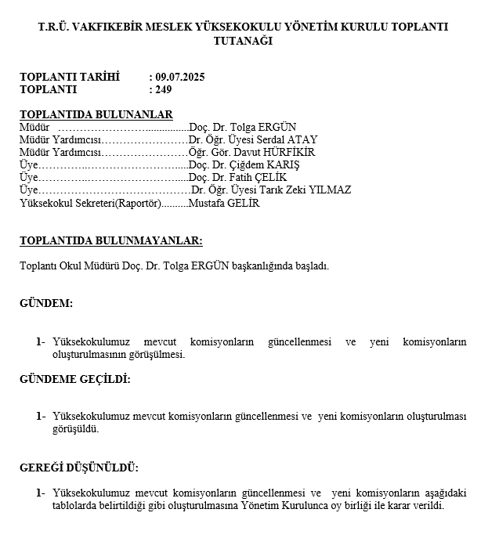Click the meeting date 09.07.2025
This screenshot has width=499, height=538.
click(x=180, y=77)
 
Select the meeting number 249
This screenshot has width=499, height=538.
click(x=164, y=89)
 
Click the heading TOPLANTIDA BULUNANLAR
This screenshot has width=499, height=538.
click(x=96, y=114)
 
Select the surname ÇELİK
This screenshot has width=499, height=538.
click(x=270, y=177)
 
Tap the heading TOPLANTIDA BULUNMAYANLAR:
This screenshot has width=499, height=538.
click(x=110, y=241)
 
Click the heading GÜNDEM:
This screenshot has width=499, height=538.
click(x=46, y=303)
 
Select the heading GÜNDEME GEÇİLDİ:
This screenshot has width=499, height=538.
click(x=74, y=379)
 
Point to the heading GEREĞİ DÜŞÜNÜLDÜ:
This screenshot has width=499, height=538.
click(x=78, y=468)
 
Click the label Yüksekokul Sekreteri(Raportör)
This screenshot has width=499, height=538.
click(x=89, y=203)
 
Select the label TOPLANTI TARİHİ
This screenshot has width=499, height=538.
click(x=70, y=77)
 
